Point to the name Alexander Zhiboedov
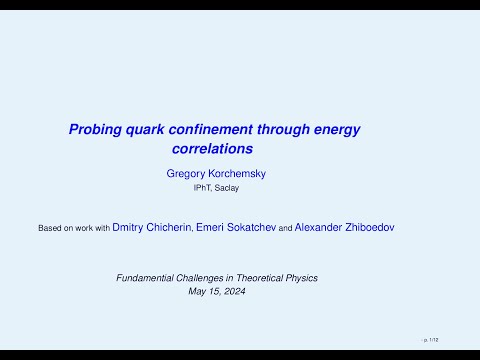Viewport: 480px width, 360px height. [x=369, y=228]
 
